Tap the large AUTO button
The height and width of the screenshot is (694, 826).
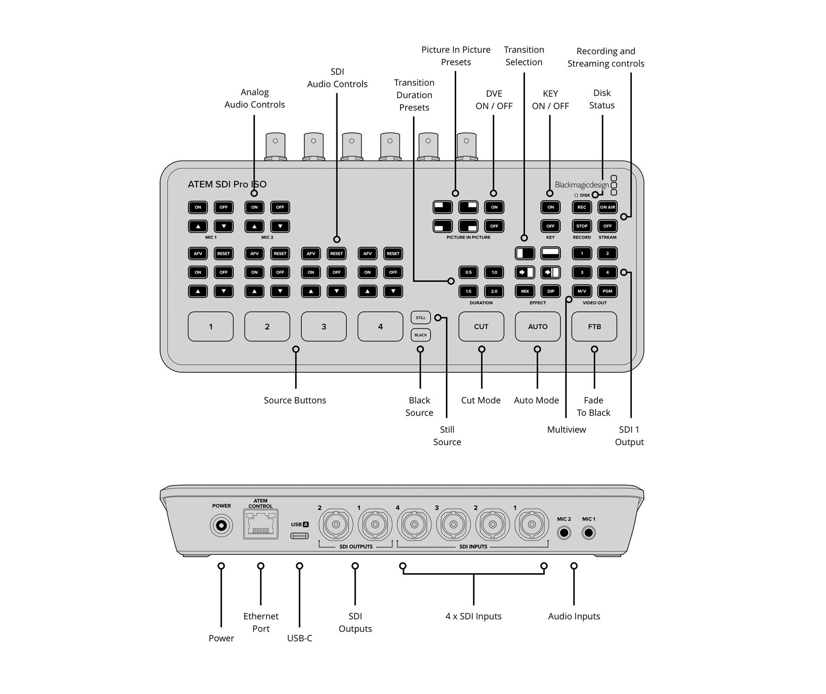pos(537,326)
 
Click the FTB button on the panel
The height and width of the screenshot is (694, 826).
pos(594,326)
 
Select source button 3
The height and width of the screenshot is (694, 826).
pos(324,326)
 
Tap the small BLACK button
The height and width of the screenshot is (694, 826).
pos(420,335)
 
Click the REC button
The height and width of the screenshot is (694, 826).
pos(581,207)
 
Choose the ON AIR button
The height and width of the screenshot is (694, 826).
pos(607,207)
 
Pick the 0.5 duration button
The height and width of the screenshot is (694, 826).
pos(468,272)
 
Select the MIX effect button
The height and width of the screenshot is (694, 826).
pos(525,291)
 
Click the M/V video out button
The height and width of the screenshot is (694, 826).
pos(581,291)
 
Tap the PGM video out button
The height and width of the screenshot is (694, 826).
pos(607,291)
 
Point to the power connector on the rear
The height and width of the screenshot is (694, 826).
pos(221,526)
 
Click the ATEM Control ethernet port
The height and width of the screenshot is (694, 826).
pos(261,524)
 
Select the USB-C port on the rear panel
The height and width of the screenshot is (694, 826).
pos(299,536)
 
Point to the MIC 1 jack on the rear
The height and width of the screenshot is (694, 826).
pos(588,533)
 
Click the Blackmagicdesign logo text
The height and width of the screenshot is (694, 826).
pos(582,185)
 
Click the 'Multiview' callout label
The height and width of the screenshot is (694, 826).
pos(566,430)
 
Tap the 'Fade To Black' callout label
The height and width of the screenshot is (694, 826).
pos(593,406)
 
